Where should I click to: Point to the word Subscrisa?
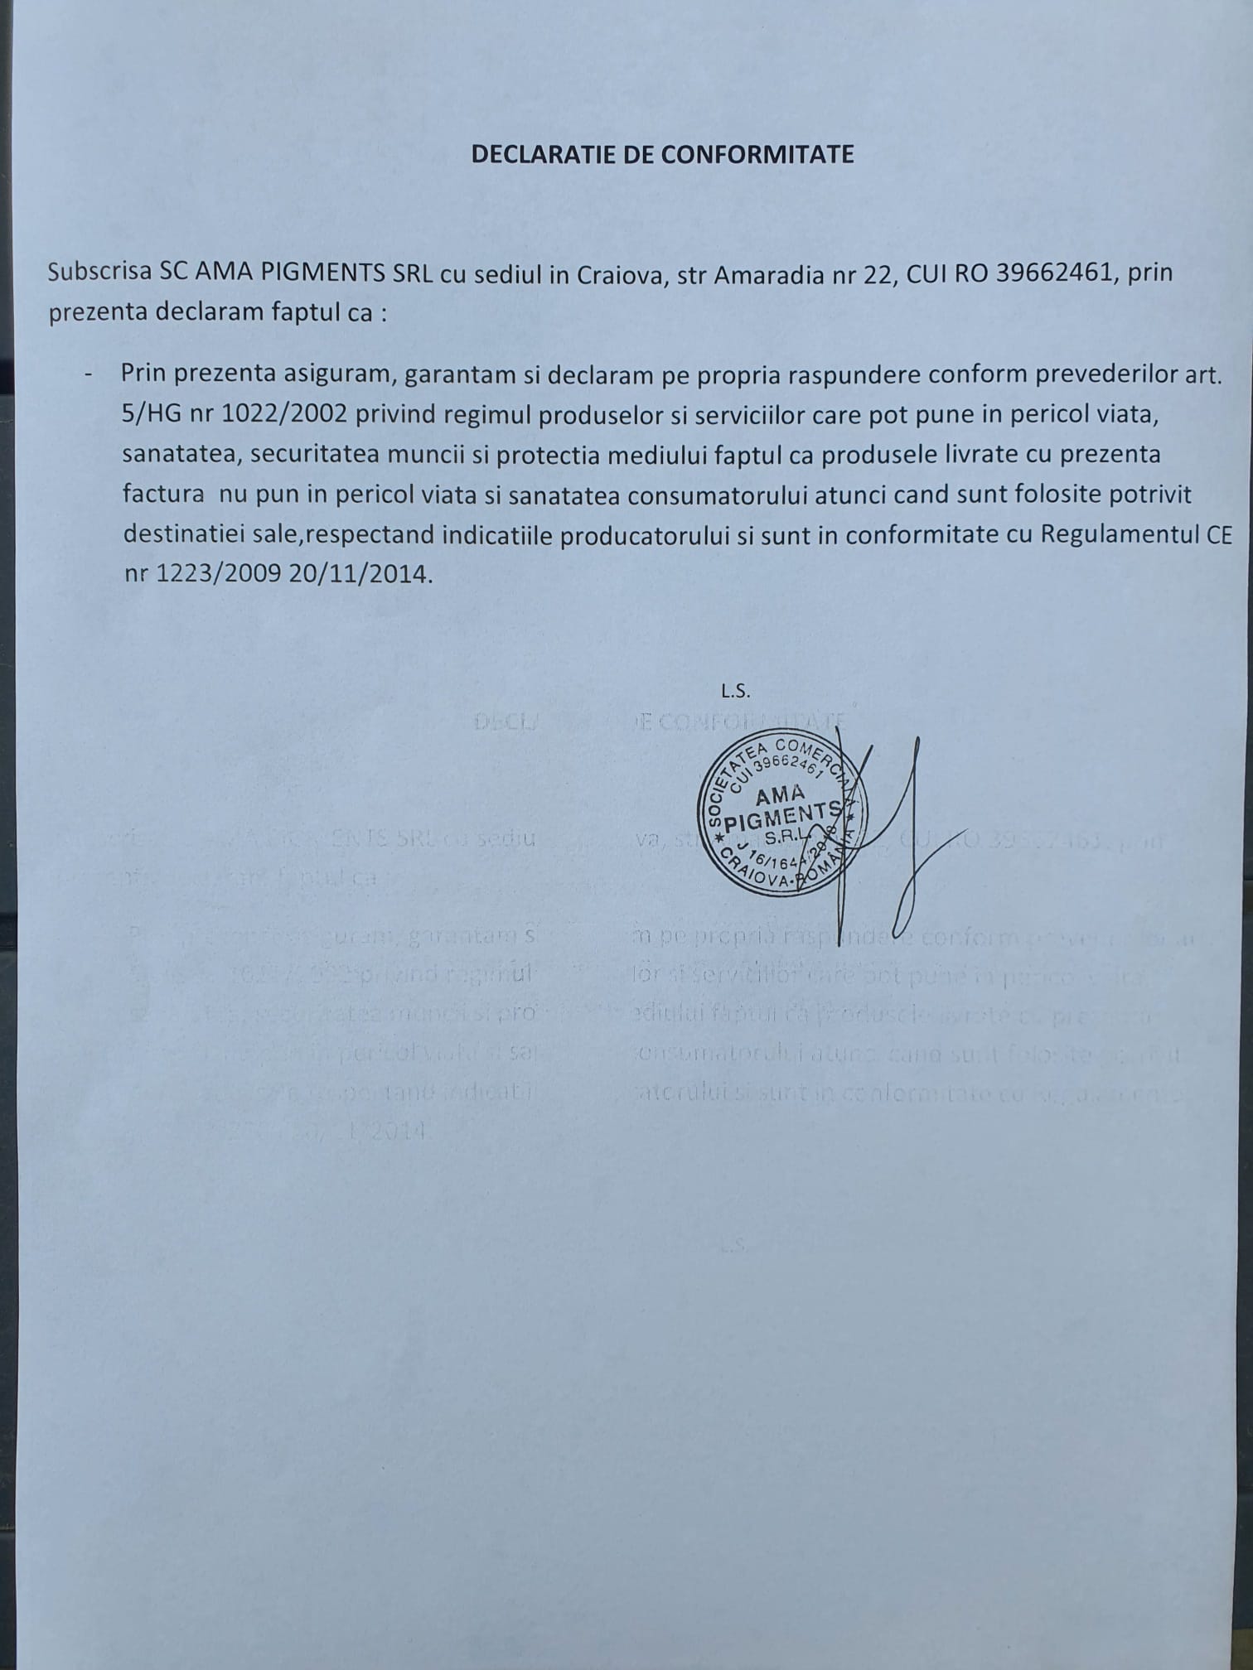[x=99, y=273]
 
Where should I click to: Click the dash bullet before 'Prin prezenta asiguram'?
[x=88, y=374]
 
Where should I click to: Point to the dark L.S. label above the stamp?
[x=736, y=688]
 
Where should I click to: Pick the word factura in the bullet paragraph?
[x=164, y=495]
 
